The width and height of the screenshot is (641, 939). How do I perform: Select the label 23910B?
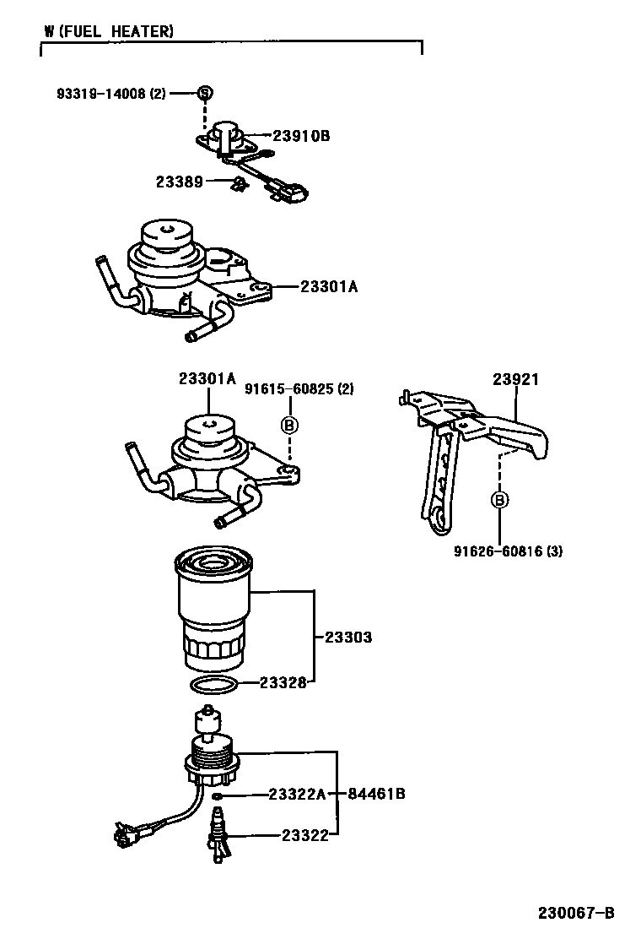(301, 135)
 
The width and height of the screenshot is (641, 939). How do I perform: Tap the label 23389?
(179, 182)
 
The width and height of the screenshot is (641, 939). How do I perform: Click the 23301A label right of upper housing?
(329, 287)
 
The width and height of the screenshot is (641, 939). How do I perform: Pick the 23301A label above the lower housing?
(207, 379)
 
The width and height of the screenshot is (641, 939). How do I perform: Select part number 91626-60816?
(507, 551)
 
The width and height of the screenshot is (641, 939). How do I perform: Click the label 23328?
(282, 682)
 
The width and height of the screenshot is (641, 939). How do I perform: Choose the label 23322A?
(297, 794)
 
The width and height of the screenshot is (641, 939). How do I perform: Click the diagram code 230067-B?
(577, 913)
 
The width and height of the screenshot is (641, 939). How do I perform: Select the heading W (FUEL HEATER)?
(110, 32)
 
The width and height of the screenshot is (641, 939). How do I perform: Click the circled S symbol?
(204, 93)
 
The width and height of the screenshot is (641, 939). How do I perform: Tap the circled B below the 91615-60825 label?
(288, 425)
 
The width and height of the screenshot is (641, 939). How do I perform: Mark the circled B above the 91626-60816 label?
(499, 500)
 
